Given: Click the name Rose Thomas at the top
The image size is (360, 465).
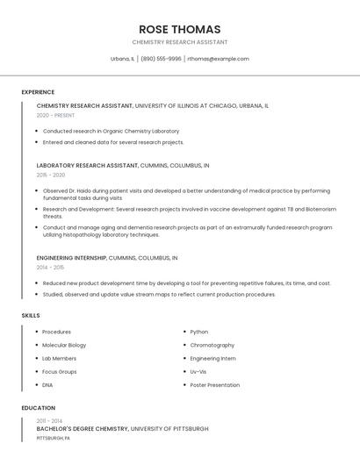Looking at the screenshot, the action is [x=179, y=29].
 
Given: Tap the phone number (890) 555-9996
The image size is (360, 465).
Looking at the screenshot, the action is [x=161, y=59].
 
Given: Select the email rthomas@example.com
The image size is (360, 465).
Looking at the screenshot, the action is [x=219, y=59].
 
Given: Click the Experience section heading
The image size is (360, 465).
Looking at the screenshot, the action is [x=38, y=92].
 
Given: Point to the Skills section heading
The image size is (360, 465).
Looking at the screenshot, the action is [x=31, y=315].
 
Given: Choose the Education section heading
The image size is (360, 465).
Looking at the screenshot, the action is [x=39, y=408].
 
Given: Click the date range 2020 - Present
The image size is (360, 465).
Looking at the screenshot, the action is [x=55, y=115].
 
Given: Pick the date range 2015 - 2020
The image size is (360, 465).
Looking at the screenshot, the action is [x=51, y=175].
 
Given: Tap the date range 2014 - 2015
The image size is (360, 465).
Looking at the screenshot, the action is [x=50, y=268].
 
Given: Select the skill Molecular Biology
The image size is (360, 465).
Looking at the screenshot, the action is [x=64, y=345].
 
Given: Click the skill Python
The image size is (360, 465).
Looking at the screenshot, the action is [x=199, y=332].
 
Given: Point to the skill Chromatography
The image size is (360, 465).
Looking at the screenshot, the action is [x=212, y=345].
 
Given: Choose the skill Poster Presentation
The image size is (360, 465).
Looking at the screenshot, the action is [x=214, y=385].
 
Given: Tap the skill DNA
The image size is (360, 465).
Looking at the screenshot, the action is [x=47, y=385].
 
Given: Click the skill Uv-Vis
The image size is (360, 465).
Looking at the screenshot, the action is [x=198, y=372].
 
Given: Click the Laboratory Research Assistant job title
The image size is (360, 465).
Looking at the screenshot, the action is [x=87, y=165].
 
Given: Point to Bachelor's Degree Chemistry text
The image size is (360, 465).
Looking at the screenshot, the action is [x=83, y=429].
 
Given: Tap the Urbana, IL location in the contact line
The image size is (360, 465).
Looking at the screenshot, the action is [x=122, y=59].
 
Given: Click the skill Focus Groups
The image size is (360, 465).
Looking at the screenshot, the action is [x=60, y=372].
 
